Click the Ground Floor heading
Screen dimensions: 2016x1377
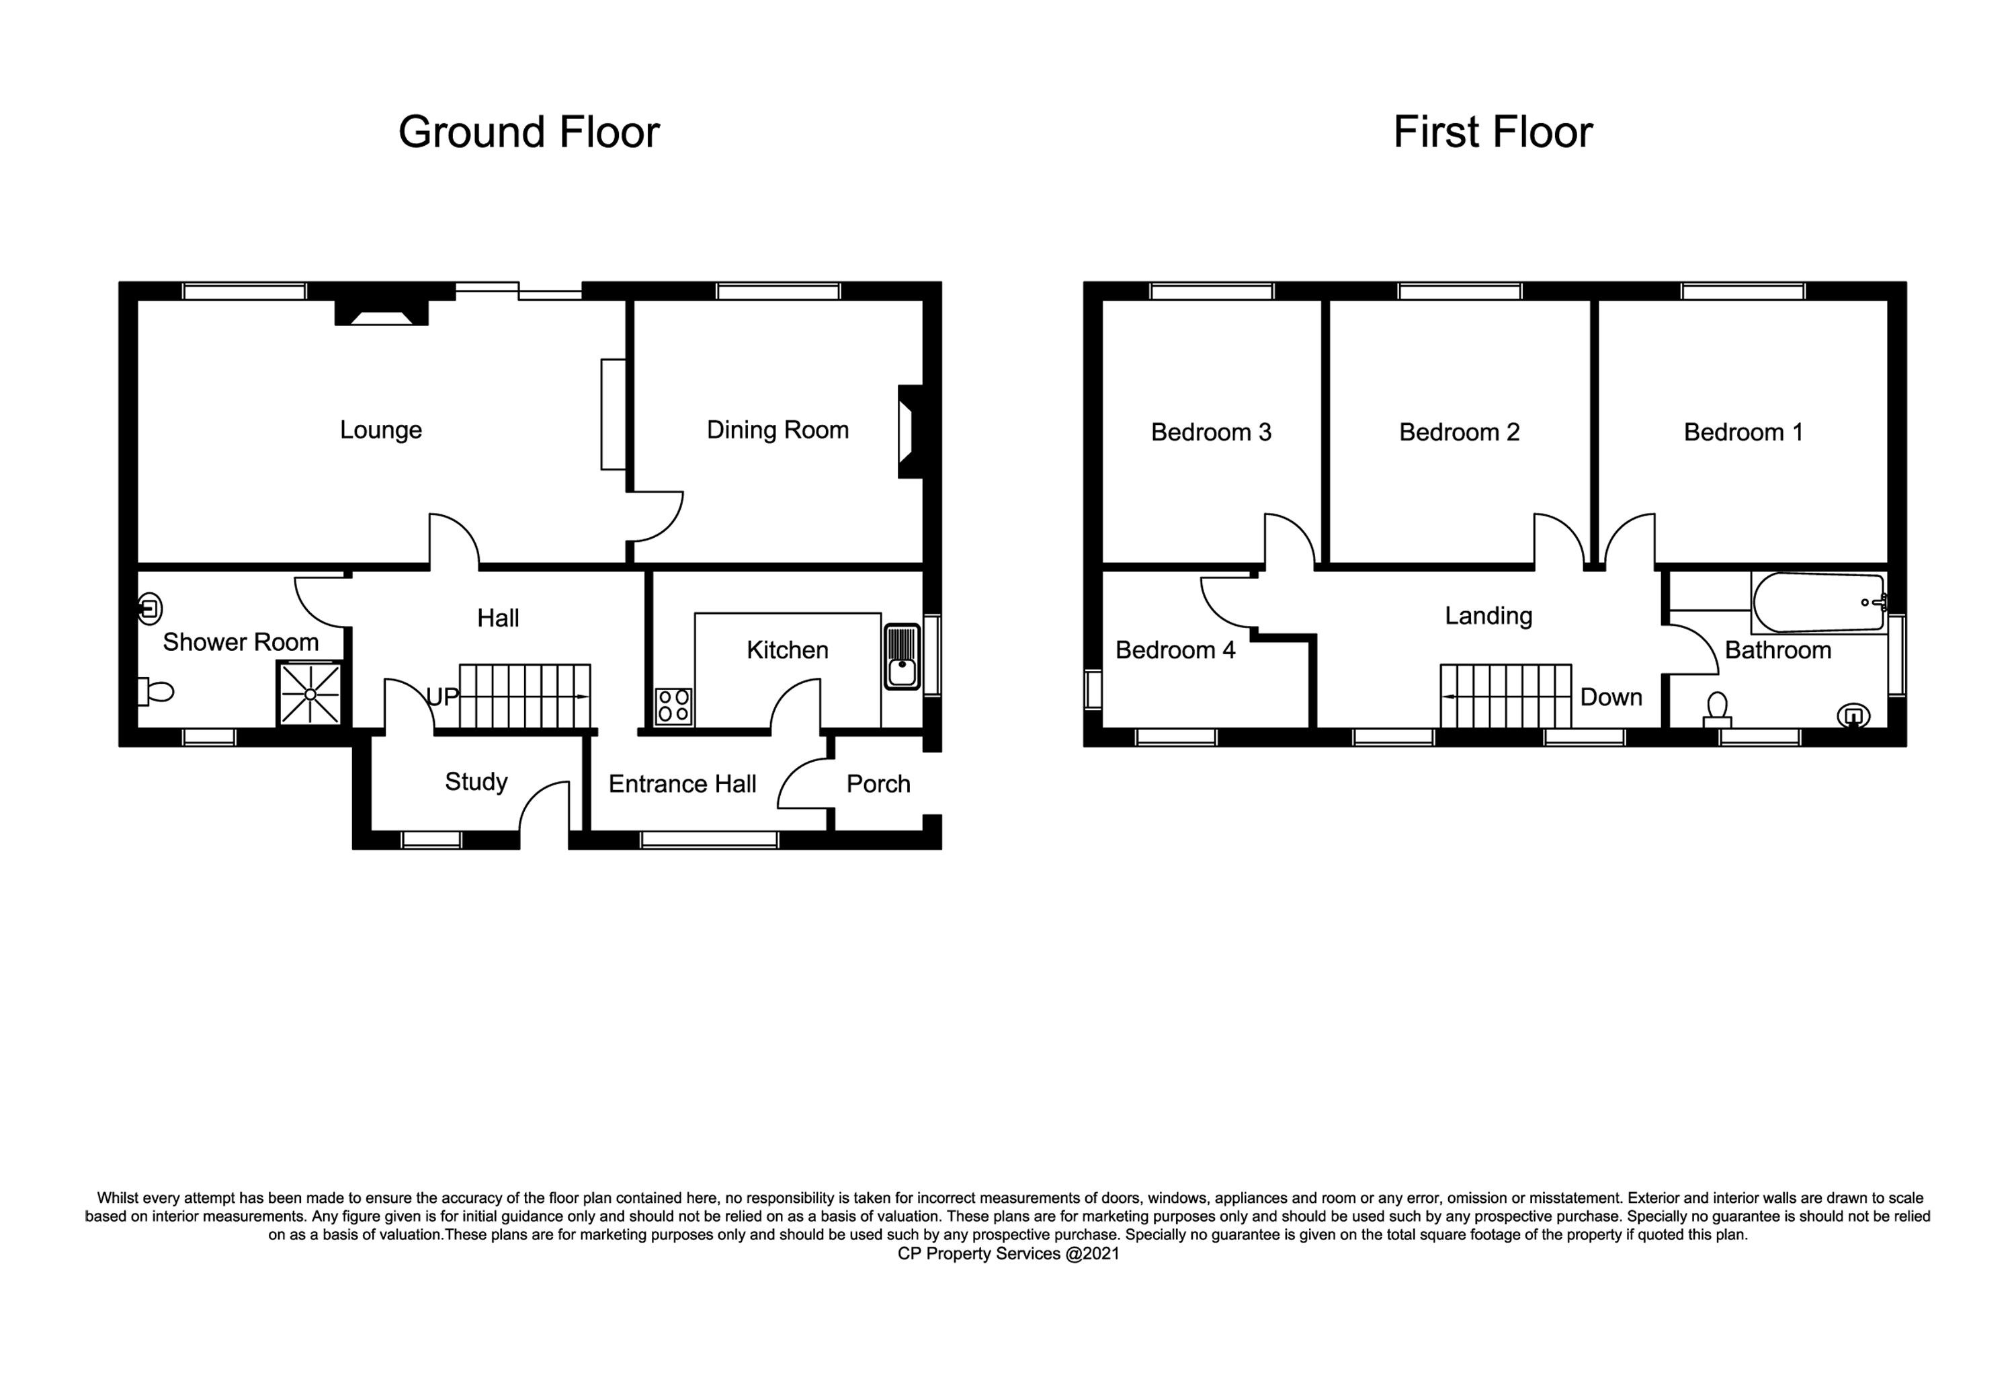click(528, 132)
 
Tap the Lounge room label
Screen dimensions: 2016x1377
click(381, 430)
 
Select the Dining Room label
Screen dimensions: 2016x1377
click(778, 430)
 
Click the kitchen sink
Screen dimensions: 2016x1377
click(902, 657)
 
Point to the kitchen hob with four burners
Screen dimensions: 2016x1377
click(674, 705)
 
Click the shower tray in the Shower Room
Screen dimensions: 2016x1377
click(310, 693)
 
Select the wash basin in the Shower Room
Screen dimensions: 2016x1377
click(150, 608)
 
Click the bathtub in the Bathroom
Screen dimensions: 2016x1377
click(1819, 602)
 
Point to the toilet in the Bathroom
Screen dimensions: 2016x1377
click(1717, 710)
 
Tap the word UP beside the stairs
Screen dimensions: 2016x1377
click(442, 697)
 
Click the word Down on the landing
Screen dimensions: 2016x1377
click(1611, 698)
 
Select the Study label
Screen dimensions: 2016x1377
click(476, 782)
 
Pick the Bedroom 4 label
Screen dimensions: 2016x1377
click(1175, 650)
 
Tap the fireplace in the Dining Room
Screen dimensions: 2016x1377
click(910, 431)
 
